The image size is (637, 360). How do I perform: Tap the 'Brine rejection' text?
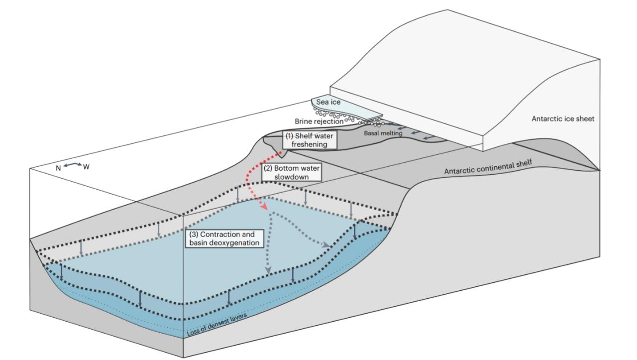[318, 121]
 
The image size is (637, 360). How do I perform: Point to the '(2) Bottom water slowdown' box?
[291, 172]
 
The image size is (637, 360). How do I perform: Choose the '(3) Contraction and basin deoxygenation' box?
[224, 238]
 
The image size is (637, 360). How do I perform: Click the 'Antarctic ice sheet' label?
[562, 119]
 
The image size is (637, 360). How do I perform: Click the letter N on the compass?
[58, 168]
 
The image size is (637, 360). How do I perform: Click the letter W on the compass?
[86, 166]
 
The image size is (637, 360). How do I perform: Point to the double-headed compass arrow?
[72, 165]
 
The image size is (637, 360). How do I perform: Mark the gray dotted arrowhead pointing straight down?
[268, 269]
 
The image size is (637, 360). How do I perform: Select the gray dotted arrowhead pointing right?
[326, 245]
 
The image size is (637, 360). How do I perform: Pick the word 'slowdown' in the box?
[292, 177]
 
